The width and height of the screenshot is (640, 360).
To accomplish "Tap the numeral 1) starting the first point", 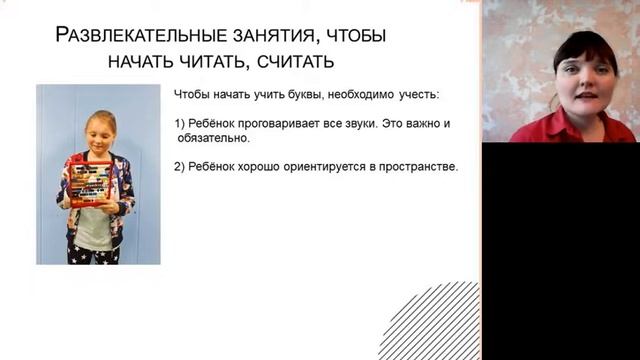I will click(180, 124).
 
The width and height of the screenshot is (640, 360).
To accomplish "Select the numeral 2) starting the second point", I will click(180, 167).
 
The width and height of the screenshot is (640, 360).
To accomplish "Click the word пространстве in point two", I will click(420, 167).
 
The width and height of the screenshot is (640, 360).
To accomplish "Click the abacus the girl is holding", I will click(91, 180).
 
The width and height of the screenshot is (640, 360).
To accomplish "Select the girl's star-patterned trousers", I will click(91, 252).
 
